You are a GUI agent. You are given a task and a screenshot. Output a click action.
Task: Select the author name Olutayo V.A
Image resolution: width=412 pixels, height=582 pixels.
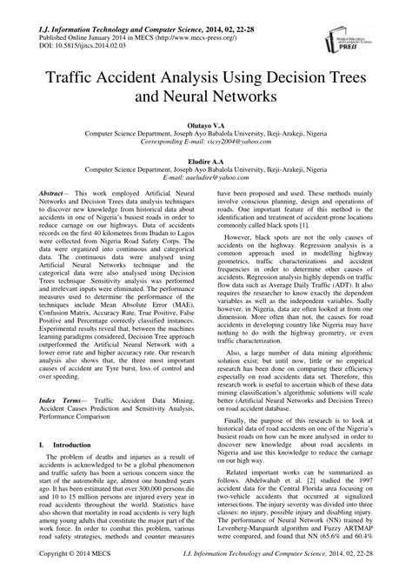(x=206, y=126)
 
